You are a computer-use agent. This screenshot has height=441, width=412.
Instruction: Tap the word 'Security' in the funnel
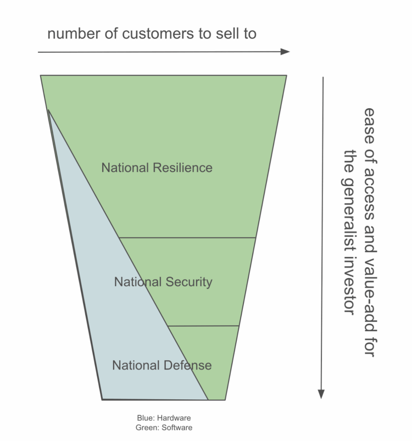(188, 282)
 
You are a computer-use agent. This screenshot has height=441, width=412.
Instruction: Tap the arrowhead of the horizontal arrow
(285, 52)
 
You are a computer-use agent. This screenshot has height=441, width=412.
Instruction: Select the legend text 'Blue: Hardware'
(164, 418)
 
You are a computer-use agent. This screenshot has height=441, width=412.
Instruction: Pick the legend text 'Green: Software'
(164, 427)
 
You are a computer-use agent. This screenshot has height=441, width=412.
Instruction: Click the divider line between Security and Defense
(203, 326)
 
